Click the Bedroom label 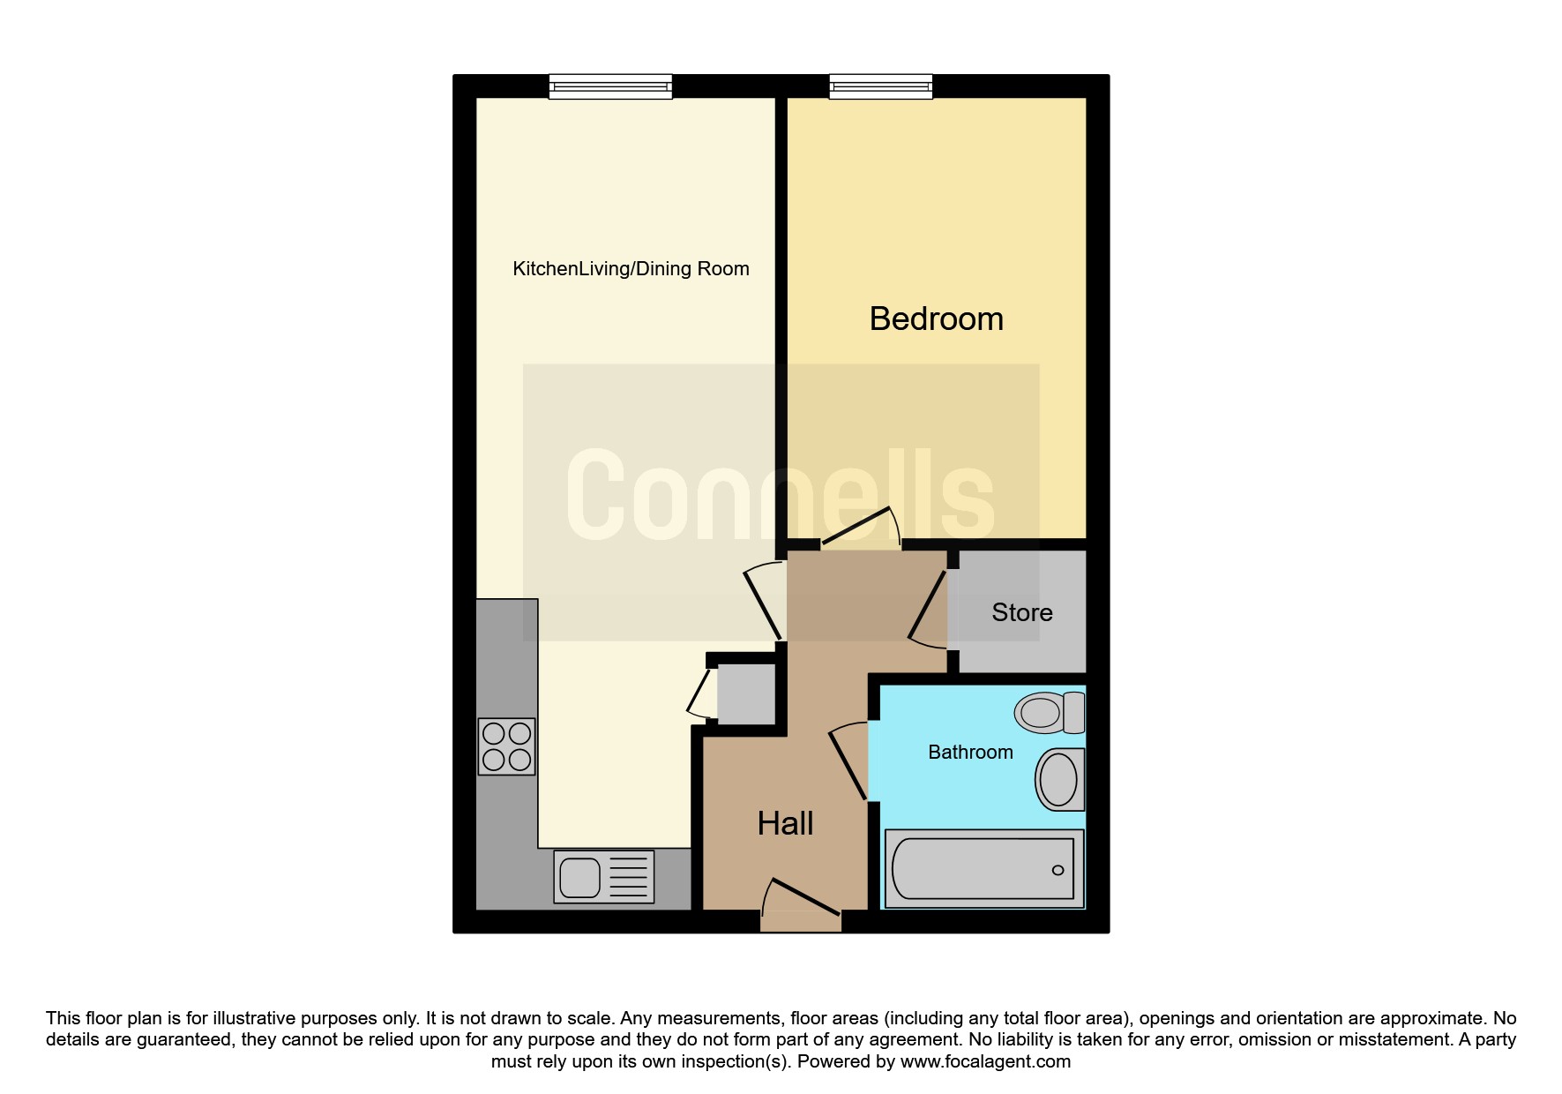pyautogui.click(x=936, y=318)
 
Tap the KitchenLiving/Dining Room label pyautogui.click(x=631, y=269)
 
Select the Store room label pyautogui.click(x=1021, y=612)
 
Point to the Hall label pyautogui.click(x=785, y=823)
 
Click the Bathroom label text pyautogui.click(x=970, y=753)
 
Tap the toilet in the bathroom pyautogui.click(x=1050, y=713)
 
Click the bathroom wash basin pyautogui.click(x=1059, y=780)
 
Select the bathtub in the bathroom pyautogui.click(x=983, y=869)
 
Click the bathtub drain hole pyautogui.click(x=1058, y=870)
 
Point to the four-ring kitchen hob pyautogui.click(x=506, y=746)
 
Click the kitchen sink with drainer pyautogui.click(x=604, y=877)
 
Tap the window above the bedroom pyautogui.click(x=881, y=86)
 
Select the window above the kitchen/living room pyautogui.click(x=610, y=86)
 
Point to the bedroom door pyautogui.click(x=860, y=529)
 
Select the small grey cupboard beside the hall pyautogui.click(x=746, y=694)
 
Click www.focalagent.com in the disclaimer pyautogui.click(x=985, y=1061)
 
